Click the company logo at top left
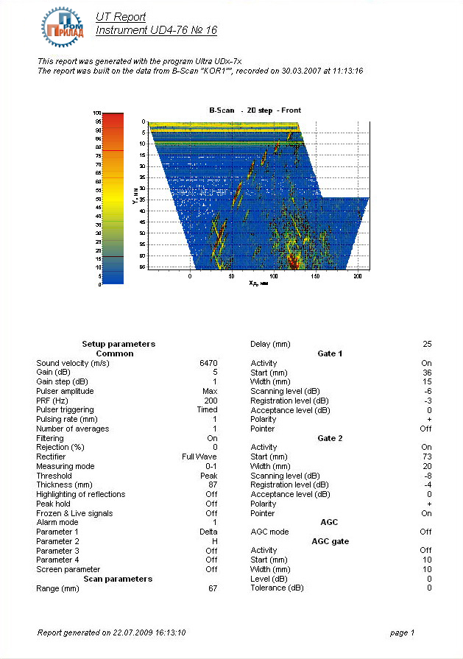click(63, 24)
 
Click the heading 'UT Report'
click(121, 17)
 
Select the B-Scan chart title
click(255, 110)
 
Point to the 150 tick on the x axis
click(316, 277)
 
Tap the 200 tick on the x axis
click(358, 277)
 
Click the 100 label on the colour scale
click(96, 113)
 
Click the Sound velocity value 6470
click(208, 363)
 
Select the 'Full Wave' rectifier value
click(199, 457)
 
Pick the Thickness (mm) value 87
click(213, 485)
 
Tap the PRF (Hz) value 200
click(211, 401)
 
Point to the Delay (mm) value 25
click(427, 344)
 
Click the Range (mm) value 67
click(213, 588)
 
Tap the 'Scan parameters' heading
click(118, 579)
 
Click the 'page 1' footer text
click(402, 632)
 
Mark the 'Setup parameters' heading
click(118, 344)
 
